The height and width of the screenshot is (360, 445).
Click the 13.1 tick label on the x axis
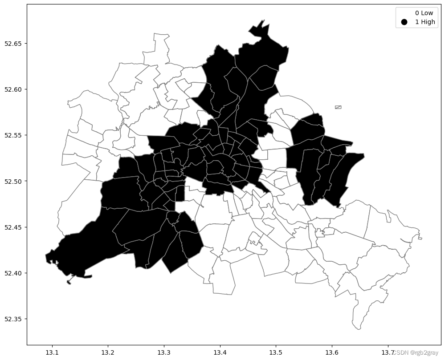[52, 352]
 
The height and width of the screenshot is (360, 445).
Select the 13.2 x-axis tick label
[108, 352]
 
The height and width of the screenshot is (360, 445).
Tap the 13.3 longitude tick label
[164, 352]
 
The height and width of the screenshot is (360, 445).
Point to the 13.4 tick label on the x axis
[220, 352]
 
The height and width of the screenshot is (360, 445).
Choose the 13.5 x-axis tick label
[276, 352]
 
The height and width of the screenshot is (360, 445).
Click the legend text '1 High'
[425, 22]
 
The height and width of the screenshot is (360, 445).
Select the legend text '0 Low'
[424, 13]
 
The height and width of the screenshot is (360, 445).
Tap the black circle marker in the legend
[404, 22]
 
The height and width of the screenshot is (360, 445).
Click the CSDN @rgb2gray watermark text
[415, 352]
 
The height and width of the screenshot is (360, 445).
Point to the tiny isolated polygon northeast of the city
[338, 107]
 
